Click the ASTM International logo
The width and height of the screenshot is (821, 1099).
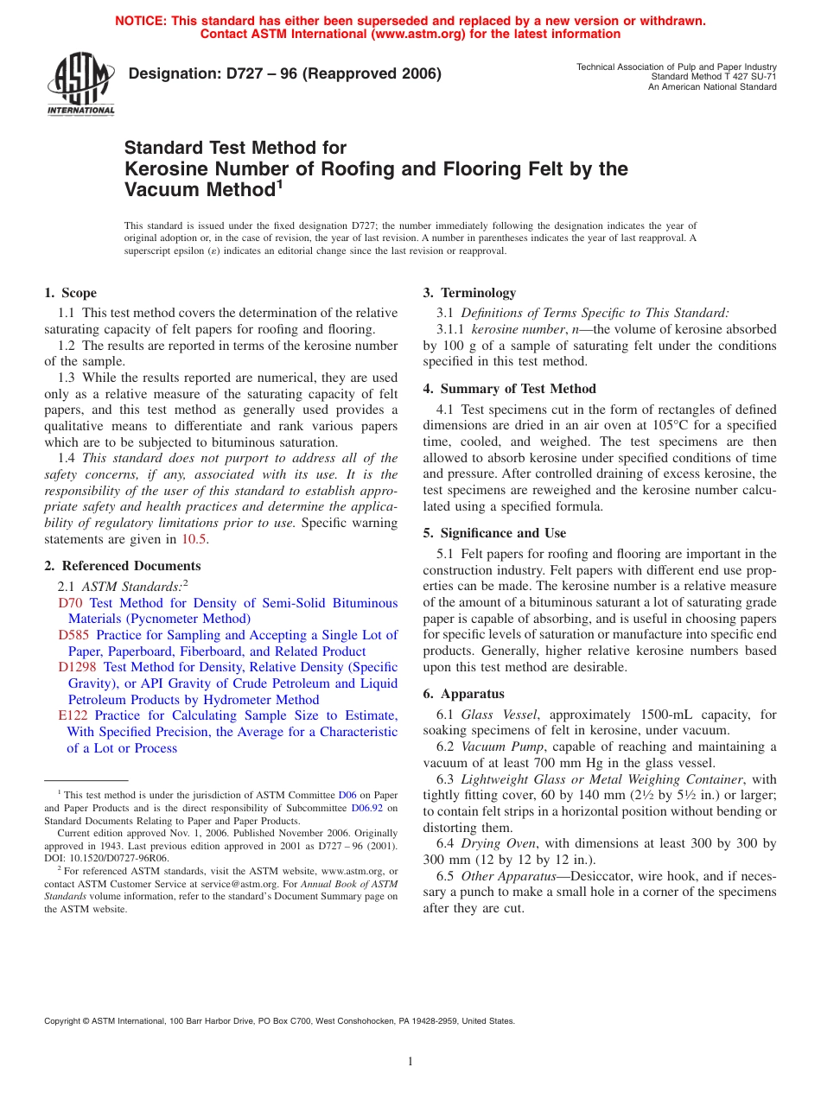pos(80,86)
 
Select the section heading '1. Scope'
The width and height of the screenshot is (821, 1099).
pos(71,293)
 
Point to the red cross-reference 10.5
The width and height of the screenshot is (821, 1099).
pos(194,539)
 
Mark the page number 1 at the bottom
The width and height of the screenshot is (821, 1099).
pos(410,1062)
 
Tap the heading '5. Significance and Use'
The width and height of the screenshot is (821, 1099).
pos(494,533)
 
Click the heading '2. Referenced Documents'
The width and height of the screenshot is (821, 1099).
pos(123,566)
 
